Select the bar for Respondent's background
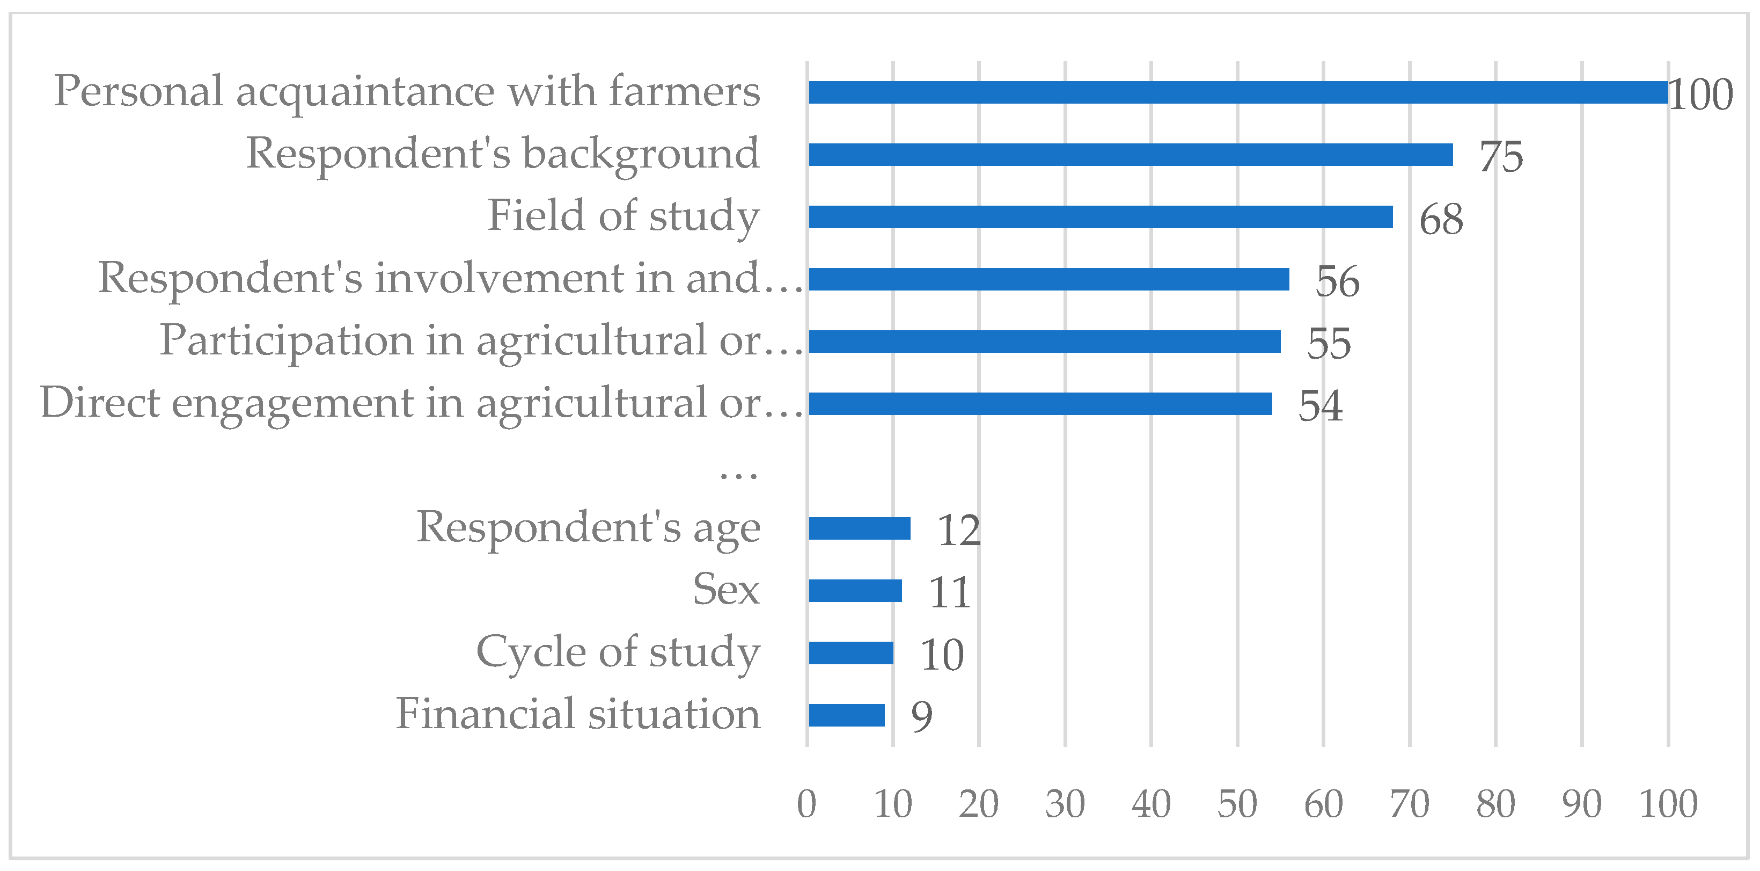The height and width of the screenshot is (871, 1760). (x=1130, y=155)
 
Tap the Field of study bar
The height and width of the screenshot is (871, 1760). (x=1100, y=217)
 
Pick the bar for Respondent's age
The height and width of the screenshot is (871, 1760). (x=859, y=528)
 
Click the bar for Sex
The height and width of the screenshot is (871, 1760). (x=855, y=591)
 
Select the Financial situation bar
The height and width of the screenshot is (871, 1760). (x=847, y=715)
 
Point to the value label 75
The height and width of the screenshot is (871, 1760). (x=1500, y=157)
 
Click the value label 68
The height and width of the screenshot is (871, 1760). (x=1440, y=219)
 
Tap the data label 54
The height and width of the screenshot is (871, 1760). (x=1320, y=405)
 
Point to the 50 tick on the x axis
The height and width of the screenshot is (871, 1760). (x=1237, y=804)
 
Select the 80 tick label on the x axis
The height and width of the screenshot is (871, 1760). (x=1495, y=804)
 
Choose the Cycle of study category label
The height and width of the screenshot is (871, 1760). (x=618, y=651)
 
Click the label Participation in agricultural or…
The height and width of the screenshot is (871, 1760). (x=481, y=340)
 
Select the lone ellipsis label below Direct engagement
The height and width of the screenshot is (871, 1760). (x=738, y=473)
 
